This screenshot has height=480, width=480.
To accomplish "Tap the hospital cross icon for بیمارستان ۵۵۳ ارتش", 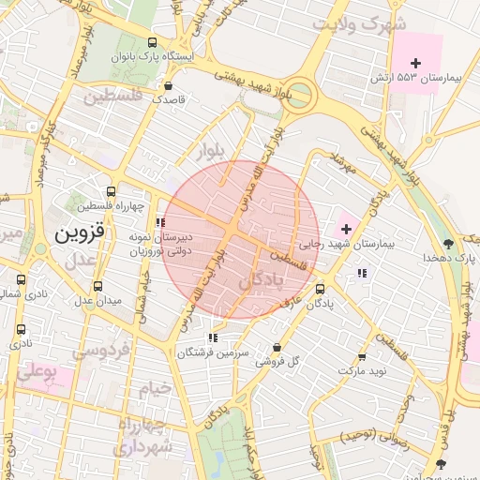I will (x=415, y=62).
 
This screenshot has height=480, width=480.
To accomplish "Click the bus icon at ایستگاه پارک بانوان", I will (x=153, y=43).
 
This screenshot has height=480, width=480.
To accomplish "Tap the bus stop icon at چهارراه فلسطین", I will (x=112, y=190).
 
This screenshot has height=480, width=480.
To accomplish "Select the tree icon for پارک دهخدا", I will (x=449, y=242).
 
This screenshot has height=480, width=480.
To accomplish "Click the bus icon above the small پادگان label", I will (x=320, y=290).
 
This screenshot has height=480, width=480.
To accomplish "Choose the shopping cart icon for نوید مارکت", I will (x=362, y=357).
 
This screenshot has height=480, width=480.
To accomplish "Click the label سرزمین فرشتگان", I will (x=217, y=352).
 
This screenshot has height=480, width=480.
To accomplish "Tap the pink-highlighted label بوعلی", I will (x=38, y=372).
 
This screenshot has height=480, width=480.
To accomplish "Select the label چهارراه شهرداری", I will (x=142, y=436).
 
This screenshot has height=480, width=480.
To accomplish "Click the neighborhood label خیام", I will (x=155, y=387).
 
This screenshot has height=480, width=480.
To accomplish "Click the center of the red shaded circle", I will (x=241, y=239).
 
